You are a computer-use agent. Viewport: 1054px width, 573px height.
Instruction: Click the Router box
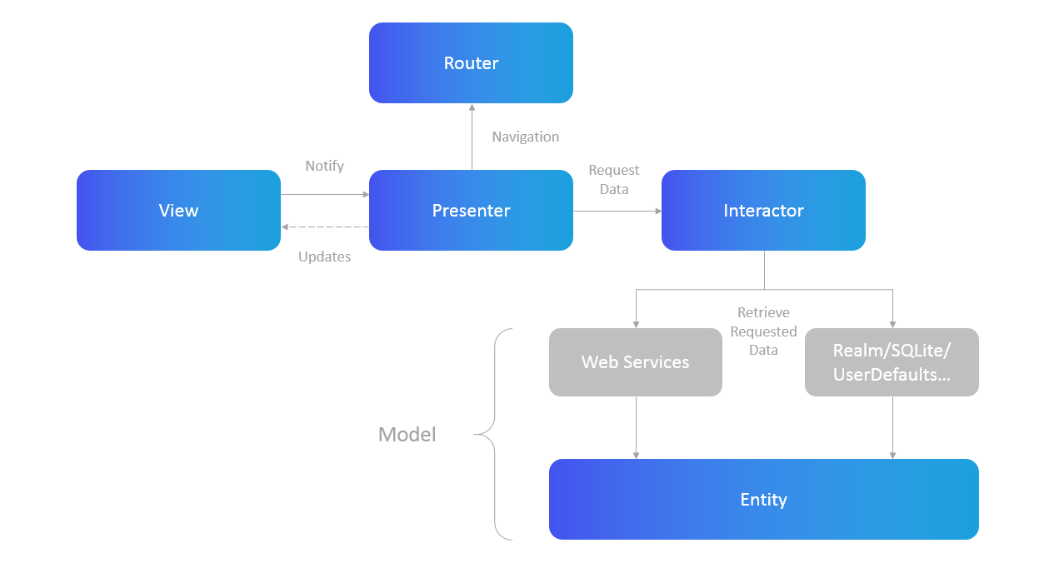471,63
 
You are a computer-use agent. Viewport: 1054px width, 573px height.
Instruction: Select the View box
178,211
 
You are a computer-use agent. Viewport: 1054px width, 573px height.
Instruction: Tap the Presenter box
471,211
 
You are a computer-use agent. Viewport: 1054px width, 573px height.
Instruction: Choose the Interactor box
763,211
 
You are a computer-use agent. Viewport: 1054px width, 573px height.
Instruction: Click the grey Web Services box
635,362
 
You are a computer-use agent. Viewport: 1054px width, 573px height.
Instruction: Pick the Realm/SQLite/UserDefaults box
892,362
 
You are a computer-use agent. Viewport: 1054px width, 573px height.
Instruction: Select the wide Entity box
763,500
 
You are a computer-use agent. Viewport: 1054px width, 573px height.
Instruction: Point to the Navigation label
525,137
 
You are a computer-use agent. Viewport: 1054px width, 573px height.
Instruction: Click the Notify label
324,166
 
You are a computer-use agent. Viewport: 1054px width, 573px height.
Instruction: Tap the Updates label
324,257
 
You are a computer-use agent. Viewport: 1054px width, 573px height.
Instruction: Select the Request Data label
614,180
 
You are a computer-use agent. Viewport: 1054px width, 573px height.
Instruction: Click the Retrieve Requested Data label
763,331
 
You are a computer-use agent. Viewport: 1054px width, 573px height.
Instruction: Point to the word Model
407,435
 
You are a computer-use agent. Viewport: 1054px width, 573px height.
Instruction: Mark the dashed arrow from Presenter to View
325,227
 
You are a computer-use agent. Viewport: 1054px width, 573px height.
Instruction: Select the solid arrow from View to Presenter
325,195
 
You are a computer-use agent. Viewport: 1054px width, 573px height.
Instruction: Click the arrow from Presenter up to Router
472,137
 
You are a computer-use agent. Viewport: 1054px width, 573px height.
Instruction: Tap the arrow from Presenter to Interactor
617,211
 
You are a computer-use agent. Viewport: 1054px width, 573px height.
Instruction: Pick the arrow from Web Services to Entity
636,427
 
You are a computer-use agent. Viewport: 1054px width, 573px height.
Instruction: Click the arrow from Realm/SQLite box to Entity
892,427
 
